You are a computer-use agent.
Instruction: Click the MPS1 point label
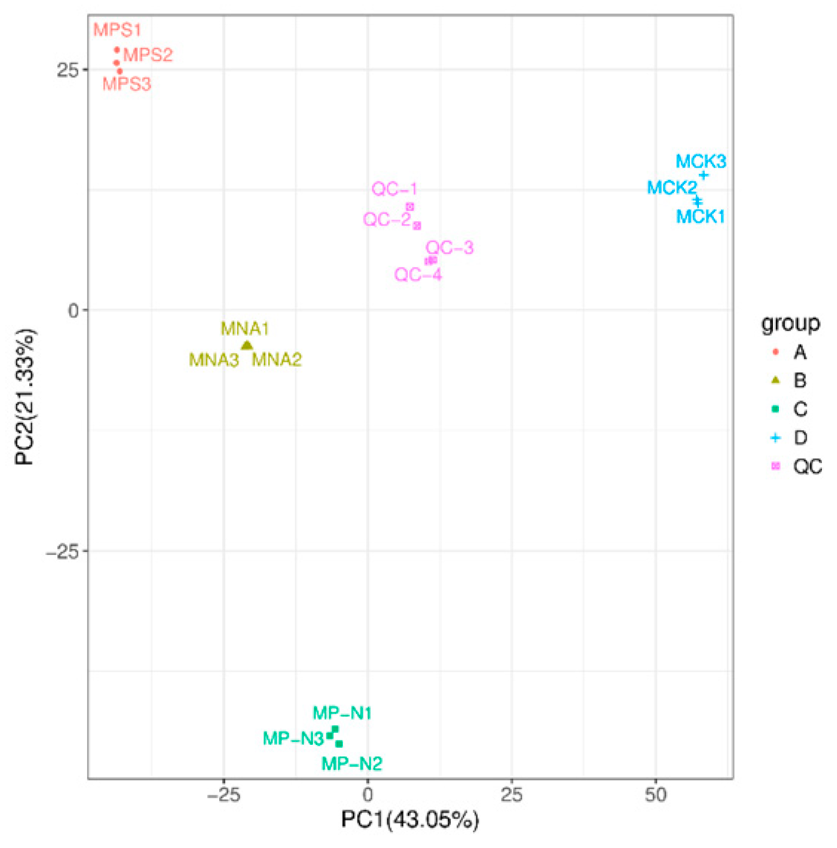[x=116, y=31]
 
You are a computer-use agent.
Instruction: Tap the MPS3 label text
[x=127, y=85]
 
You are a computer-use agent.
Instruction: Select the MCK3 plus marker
[x=703, y=176]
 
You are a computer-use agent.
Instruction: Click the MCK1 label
[x=700, y=217]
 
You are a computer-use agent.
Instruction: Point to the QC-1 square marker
[x=410, y=207]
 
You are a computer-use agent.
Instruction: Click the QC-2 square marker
[x=417, y=225]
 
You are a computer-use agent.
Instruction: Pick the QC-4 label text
[x=418, y=275]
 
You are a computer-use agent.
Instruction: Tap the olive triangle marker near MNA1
[x=247, y=345]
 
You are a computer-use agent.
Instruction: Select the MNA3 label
[x=214, y=361]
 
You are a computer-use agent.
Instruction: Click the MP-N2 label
[x=352, y=763]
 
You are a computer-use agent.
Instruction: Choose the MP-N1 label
[x=342, y=713]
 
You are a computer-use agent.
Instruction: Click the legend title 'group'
[x=790, y=324]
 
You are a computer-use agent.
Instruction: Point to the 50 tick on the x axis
[x=655, y=795]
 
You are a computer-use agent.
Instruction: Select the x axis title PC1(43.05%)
[x=410, y=821]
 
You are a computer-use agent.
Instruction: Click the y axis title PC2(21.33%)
[x=26, y=397]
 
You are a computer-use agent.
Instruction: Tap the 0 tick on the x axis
[x=367, y=795]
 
